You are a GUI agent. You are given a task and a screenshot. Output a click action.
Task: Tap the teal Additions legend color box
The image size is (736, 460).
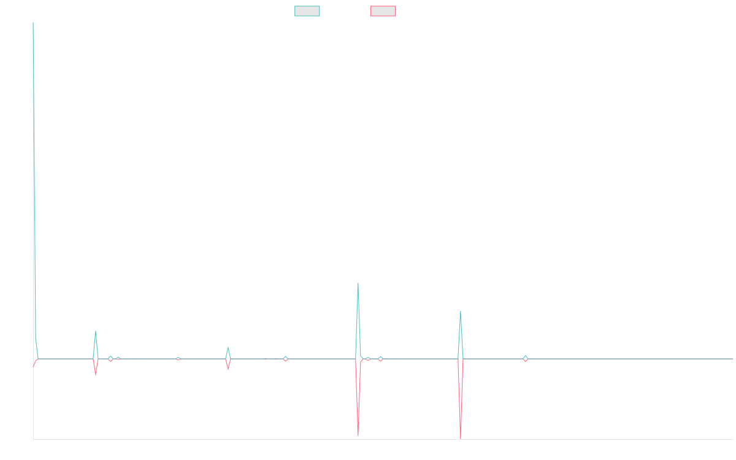(307, 11)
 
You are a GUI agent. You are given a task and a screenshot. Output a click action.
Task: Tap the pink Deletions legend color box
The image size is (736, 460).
(383, 11)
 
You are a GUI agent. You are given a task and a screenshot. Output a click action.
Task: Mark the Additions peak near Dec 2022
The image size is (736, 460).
(358, 283)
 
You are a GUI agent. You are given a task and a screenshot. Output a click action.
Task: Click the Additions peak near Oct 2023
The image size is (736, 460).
(461, 311)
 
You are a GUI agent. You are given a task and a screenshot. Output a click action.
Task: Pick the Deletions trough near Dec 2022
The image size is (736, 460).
(358, 435)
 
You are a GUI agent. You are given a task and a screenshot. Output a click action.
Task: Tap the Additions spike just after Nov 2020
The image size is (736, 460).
(96, 331)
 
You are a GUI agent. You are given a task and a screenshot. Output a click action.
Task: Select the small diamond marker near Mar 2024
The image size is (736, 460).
(525, 358)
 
